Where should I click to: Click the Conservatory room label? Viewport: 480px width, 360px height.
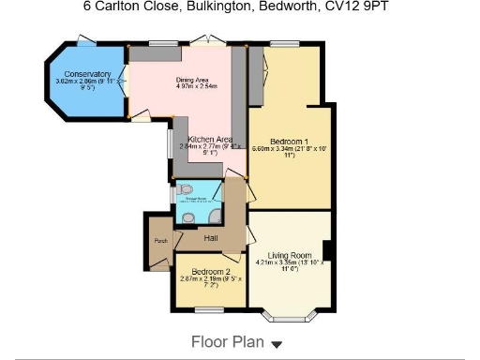(82, 74)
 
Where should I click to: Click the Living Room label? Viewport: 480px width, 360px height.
(289, 255)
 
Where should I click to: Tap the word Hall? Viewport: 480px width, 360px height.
(211, 238)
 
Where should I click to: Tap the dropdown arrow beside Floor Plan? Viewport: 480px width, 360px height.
(277, 344)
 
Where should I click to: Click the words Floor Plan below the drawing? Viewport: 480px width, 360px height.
(228, 342)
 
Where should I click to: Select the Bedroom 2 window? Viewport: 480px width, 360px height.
(208, 308)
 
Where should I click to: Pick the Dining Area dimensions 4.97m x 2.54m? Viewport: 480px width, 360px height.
(197, 87)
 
